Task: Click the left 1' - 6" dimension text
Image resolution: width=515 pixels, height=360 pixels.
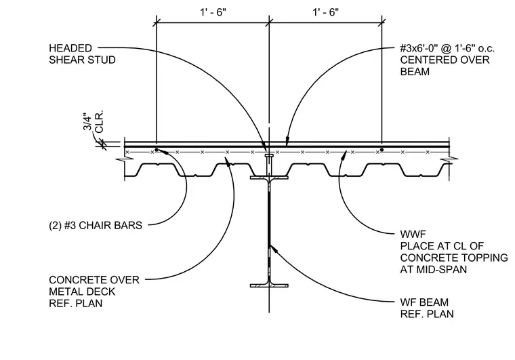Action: click(x=213, y=12)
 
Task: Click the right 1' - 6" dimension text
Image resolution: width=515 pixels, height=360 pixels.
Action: click(x=325, y=12)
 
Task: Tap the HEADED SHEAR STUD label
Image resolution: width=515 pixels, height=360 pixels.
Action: click(x=82, y=54)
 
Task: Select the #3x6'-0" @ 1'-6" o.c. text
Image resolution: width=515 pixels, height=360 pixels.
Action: click(x=447, y=49)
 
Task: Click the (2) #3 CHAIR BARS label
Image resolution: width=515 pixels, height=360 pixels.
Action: click(x=96, y=225)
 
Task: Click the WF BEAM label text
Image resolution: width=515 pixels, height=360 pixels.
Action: click(x=424, y=302)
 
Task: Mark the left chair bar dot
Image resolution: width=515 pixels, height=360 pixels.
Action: click(x=157, y=150)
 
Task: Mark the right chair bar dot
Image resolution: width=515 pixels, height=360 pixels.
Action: click(x=382, y=150)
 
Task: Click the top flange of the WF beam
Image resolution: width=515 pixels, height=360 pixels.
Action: click(x=269, y=178)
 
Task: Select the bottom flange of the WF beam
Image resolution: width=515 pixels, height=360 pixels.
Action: click(x=269, y=286)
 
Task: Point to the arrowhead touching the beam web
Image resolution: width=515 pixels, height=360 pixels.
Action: click(x=272, y=247)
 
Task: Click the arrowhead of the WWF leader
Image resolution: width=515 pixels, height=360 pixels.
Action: click(x=344, y=155)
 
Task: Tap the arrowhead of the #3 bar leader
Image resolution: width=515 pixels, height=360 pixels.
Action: click(x=287, y=141)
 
